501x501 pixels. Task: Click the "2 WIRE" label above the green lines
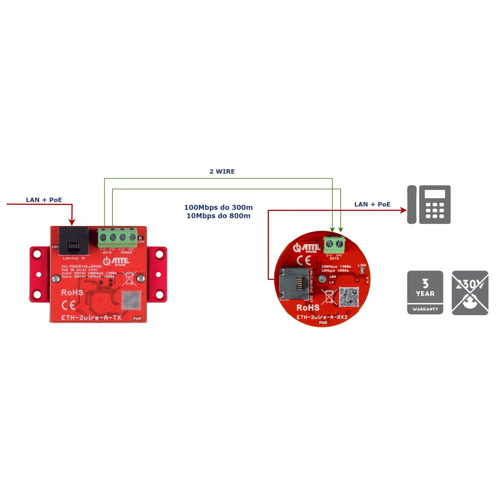[222, 171]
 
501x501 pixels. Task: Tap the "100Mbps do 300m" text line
[218, 207]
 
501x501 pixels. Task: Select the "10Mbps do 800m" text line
[218, 216]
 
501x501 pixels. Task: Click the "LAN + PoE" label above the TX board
[44, 200]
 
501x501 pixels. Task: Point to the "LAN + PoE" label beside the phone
[372, 204]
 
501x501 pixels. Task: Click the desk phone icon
[429, 205]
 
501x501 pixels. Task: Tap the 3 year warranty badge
[425, 293]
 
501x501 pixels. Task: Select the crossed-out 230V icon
[470, 293]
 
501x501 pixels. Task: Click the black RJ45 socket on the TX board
[74, 241]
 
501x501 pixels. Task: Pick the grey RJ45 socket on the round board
[293, 284]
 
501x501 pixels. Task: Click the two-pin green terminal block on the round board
[334, 244]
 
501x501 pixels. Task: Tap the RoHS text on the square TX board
[72, 293]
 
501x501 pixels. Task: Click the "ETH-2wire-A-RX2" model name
[322, 317]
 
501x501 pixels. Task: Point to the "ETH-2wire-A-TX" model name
[91, 318]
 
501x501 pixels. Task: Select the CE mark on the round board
[303, 261]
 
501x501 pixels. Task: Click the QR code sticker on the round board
[349, 297]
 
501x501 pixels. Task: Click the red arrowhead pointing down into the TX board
[72, 222]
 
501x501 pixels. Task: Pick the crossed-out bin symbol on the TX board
[130, 278]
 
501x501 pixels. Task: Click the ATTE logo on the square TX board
[116, 261]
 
